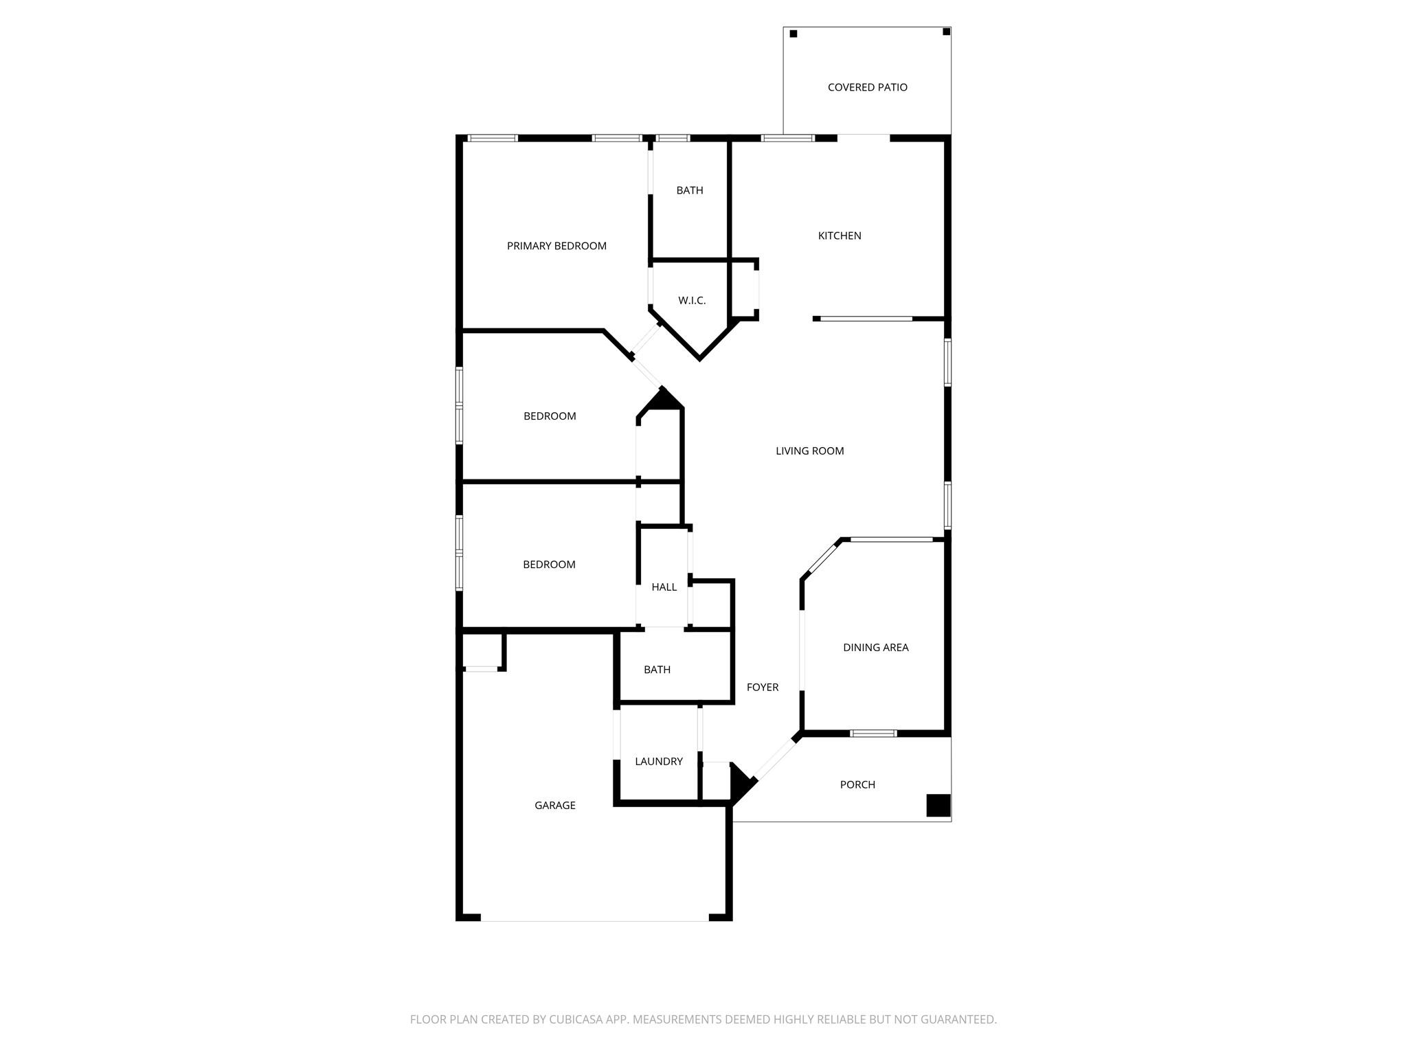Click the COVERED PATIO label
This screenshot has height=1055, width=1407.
point(867,87)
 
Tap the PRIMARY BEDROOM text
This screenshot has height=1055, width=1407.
point(556,246)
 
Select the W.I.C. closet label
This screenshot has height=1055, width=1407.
point(692,301)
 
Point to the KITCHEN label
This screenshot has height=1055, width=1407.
point(839,236)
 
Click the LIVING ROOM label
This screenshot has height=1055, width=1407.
point(809,451)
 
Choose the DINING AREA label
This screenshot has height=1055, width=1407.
point(875,648)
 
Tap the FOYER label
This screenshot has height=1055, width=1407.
point(763,687)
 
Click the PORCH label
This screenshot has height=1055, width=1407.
point(857,784)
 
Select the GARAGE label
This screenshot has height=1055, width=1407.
point(555,805)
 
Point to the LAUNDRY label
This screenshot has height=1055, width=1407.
point(658,761)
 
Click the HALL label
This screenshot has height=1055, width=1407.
point(664,587)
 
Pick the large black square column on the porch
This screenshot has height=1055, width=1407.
point(938,805)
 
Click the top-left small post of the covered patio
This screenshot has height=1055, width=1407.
point(793,34)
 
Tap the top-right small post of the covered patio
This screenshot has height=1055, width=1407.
point(946,32)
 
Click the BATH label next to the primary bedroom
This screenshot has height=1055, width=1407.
point(689,190)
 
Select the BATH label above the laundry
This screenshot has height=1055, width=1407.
point(657,670)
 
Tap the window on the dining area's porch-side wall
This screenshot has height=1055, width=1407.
point(873,734)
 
